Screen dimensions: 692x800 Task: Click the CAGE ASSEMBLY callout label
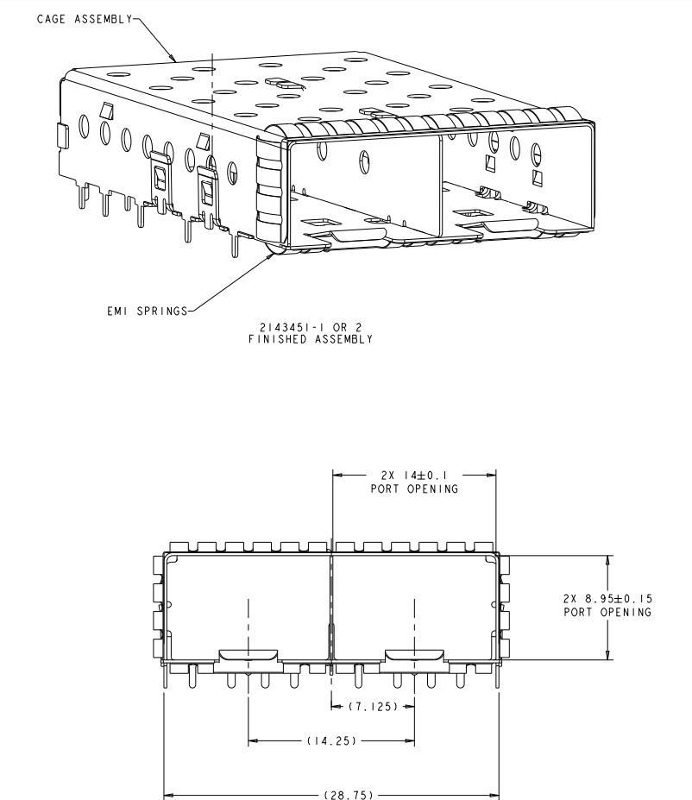[85, 19]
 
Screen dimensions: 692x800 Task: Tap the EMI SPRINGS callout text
[148, 311]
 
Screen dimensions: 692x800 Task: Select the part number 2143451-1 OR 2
[311, 327]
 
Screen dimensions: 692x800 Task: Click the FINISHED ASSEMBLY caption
[311, 339]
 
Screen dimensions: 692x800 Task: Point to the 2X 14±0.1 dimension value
[414, 476]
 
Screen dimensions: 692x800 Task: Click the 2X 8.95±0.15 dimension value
[607, 598]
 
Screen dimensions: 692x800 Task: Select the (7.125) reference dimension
[373, 707]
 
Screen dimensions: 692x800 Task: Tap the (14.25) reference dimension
[331, 740]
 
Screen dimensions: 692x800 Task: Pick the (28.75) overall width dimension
[349, 795]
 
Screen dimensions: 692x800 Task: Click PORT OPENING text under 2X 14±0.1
[414, 488]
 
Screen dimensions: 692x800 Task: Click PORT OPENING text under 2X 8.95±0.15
[607, 612]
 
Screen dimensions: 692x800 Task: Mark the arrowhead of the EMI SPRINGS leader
[270, 255]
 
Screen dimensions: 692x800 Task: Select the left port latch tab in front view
[248, 656]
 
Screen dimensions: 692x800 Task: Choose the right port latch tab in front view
[414, 656]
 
